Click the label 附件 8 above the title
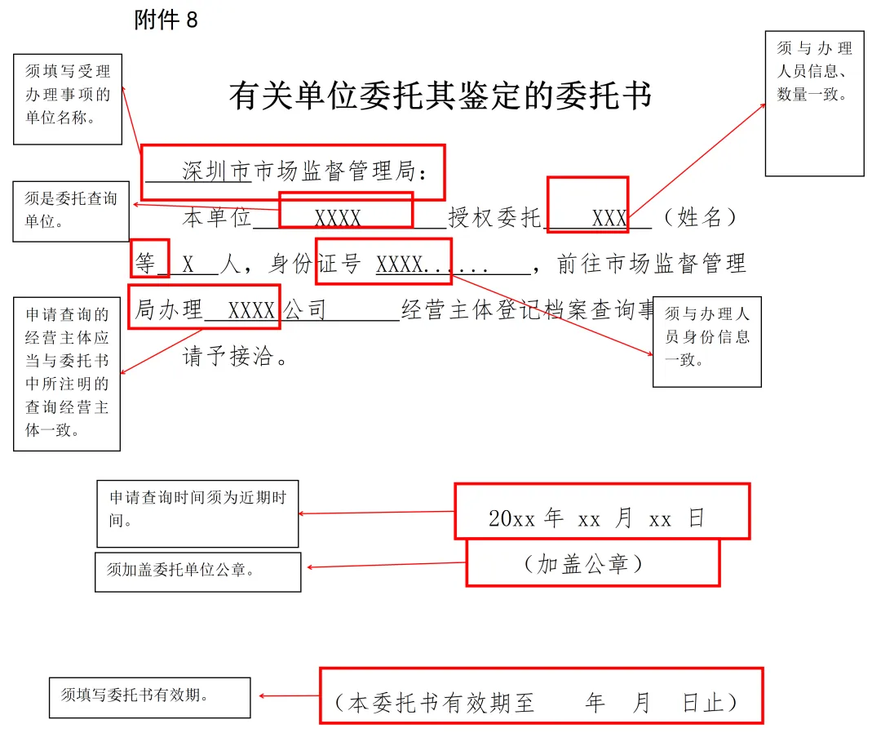point(166,20)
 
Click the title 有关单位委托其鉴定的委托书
point(440,96)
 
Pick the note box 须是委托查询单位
point(71,211)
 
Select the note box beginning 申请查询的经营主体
point(67,373)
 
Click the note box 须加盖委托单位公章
point(197,571)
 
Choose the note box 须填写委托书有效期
point(149,696)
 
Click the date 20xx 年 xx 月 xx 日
point(596,518)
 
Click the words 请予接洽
point(236,358)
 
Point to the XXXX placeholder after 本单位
point(338,218)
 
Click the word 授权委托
point(494,218)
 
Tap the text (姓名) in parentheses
point(700,218)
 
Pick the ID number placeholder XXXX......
point(400,264)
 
